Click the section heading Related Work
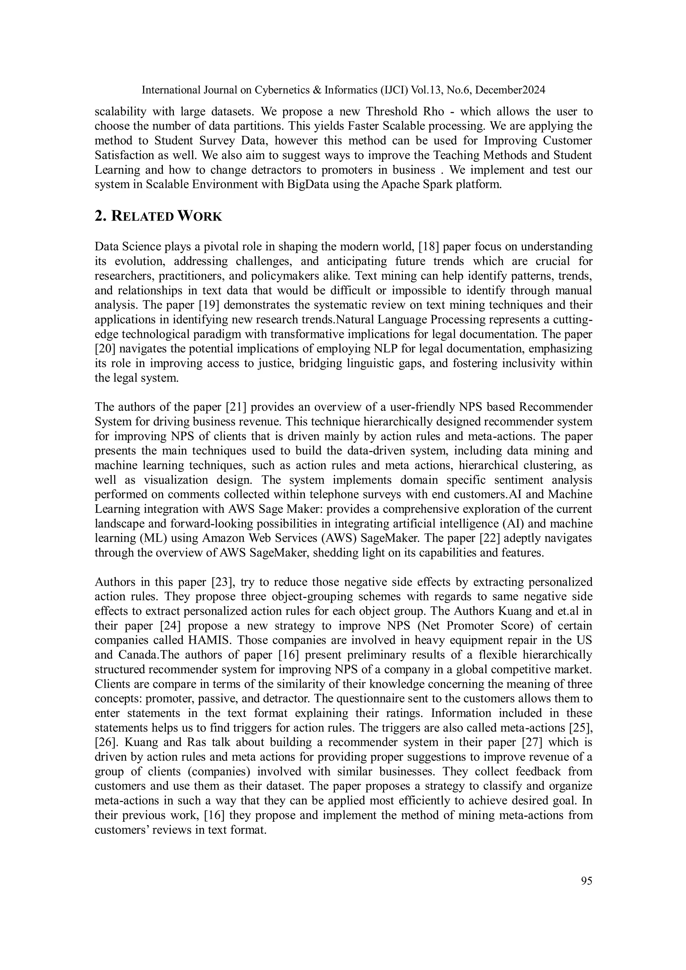(x=158, y=216)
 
